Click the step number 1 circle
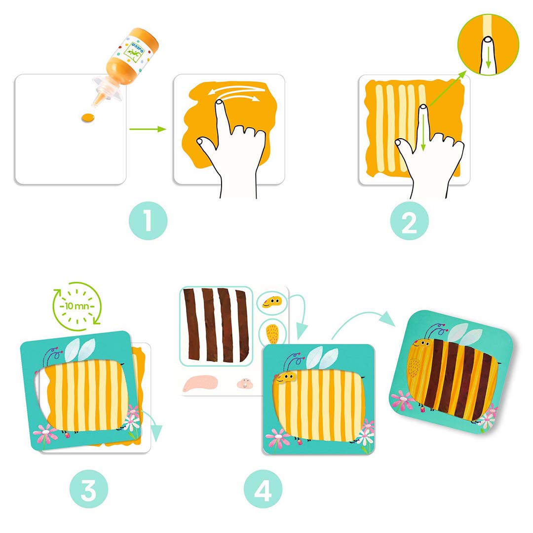point(148,221)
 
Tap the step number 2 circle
point(409,221)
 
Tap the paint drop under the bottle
point(88,118)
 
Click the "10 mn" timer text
point(77,306)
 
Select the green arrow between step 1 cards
point(148,129)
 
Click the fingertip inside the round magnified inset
point(488,54)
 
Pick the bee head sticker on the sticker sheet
point(272,302)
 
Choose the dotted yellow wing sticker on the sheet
point(272,334)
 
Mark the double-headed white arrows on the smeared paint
point(234,93)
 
